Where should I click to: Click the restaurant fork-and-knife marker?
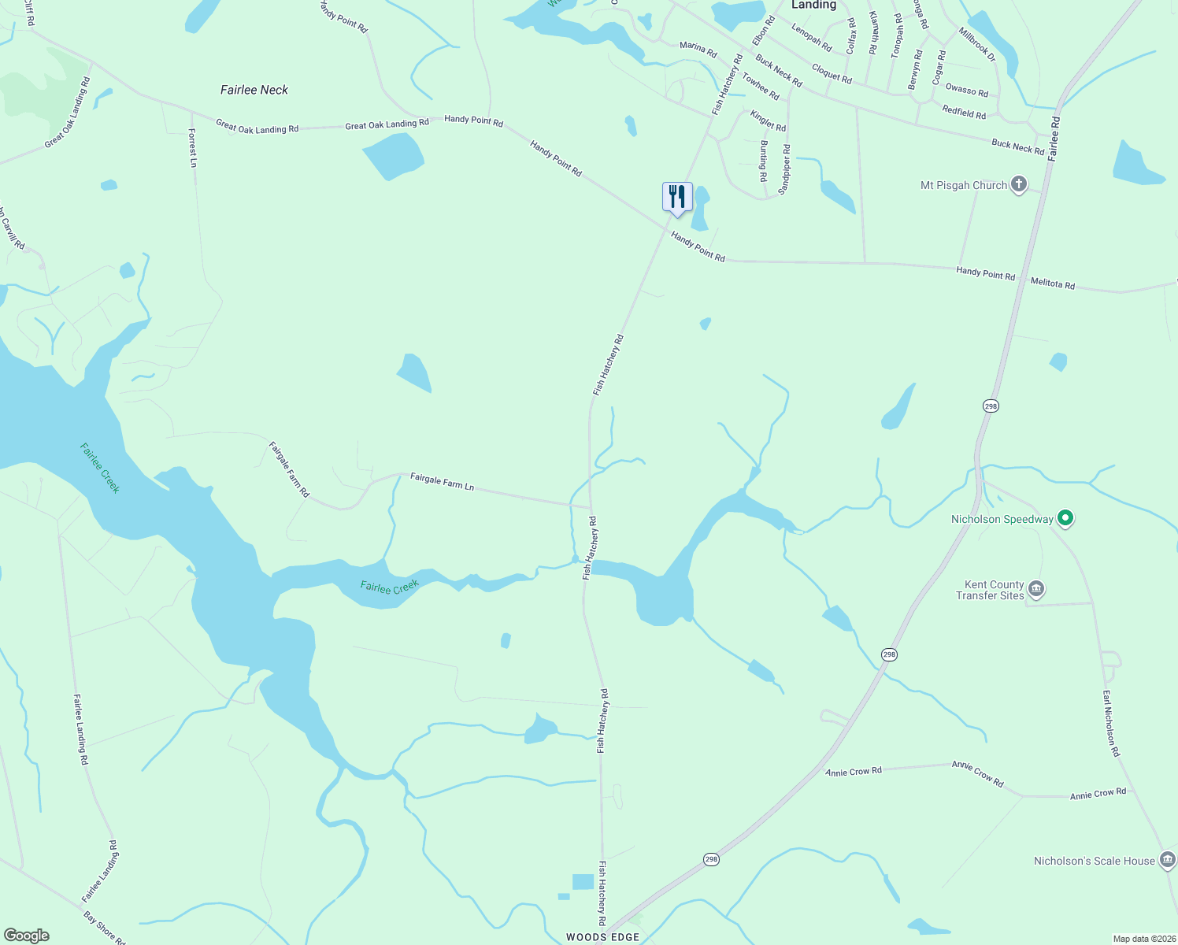click(677, 196)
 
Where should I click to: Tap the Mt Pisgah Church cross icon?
click(1018, 185)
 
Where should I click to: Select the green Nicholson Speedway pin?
click(1065, 518)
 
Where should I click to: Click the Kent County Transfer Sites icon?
click(1036, 589)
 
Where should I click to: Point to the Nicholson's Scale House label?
click(1094, 861)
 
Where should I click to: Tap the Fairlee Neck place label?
click(254, 90)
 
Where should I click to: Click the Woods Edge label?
click(602, 937)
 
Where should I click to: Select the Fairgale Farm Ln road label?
click(442, 481)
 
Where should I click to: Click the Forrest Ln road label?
click(193, 148)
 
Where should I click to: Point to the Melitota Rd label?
click(1052, 283)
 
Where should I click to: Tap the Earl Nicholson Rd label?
click(1110, 724)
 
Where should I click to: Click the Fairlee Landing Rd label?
click(80, 728)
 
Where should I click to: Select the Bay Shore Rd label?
click(104, 927)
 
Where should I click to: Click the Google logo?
click(27, 936)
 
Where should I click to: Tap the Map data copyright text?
click(1143, 939)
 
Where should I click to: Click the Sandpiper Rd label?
click(785, 169)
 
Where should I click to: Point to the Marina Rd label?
click(698, 50)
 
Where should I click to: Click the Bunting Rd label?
click(763, 161)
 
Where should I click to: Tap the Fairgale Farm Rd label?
click(289, 469)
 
